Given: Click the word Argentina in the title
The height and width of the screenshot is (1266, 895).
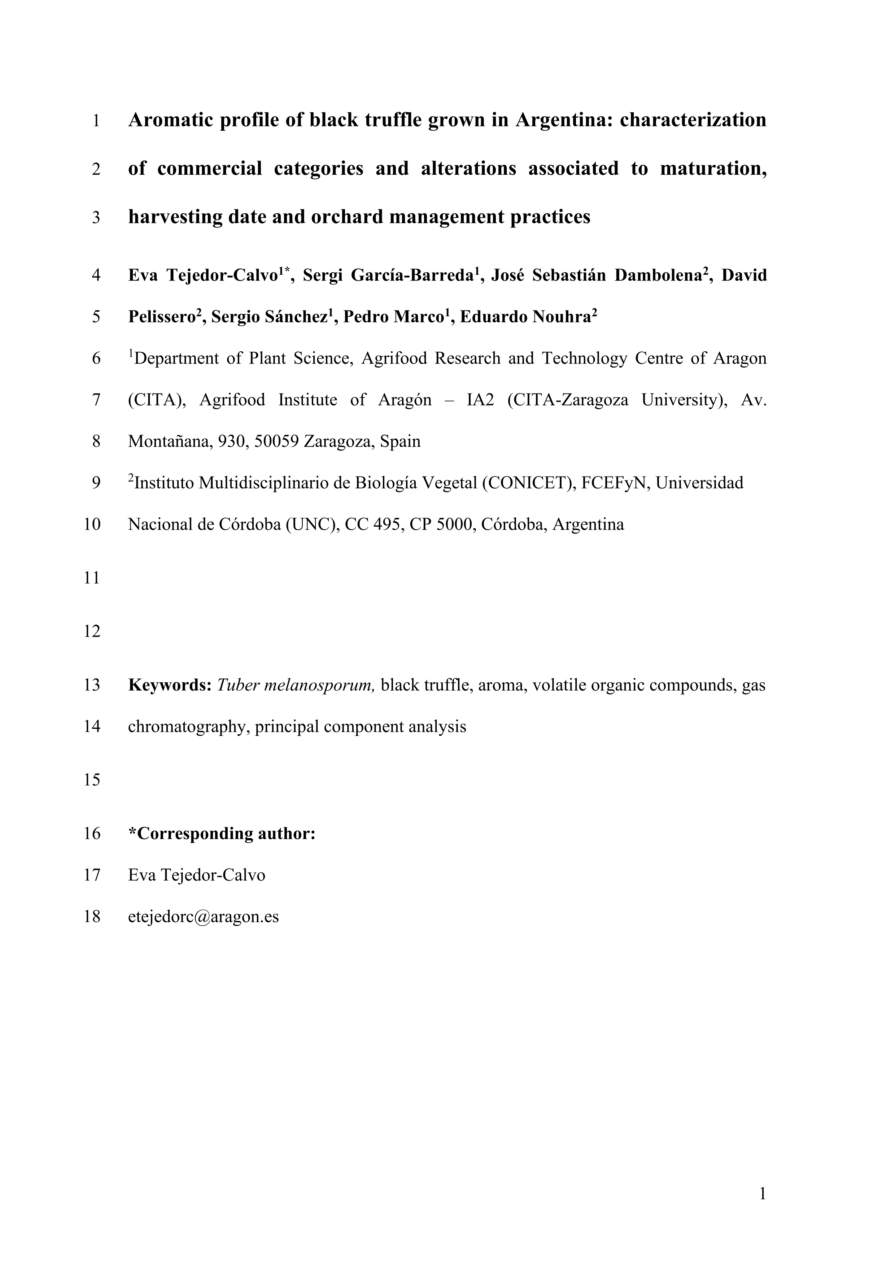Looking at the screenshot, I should coord(564,119).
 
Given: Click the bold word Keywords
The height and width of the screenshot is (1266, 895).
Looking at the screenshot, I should coord(170,685).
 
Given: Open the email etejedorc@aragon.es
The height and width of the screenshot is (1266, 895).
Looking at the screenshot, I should coord(203,917).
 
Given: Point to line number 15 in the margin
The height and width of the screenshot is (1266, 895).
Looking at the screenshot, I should coord(92,780).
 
